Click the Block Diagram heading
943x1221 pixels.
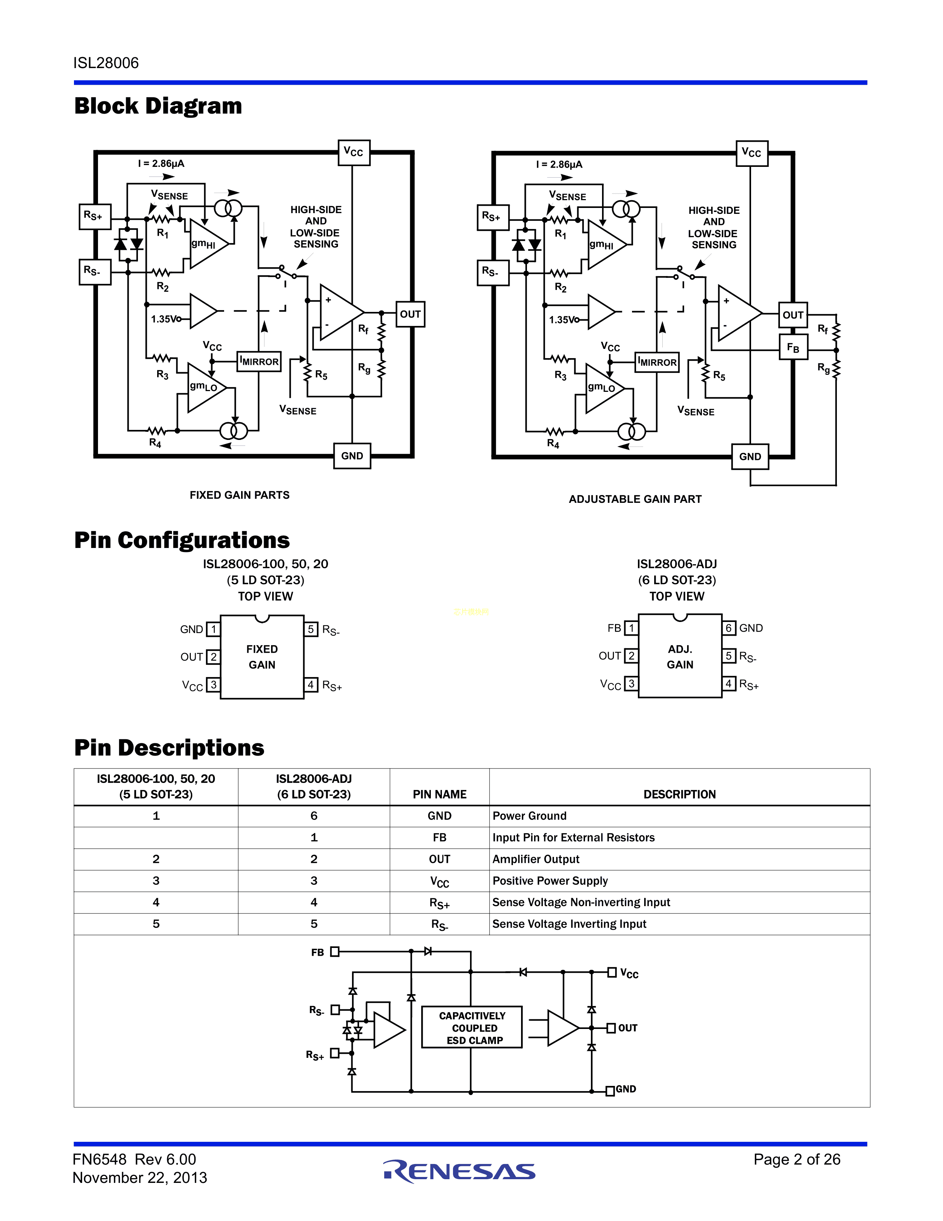pyautogui.click(x=158, y=106)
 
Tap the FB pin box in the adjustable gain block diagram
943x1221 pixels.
pyautogui.click(x=793, y=348)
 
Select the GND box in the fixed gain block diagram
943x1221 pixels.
pyautogui.click(x=352, y=455)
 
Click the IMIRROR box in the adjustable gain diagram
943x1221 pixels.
pyautogui.click(x=657, y=362)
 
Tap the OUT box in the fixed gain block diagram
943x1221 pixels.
pyautogui.click(x=410, y=314)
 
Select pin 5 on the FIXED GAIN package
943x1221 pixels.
pyautogui.click(x=311, y=629)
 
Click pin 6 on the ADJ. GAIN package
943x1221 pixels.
pyautogui.click(x=729, y=628)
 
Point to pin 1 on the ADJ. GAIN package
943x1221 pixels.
pyautogui.click(x=631, y=628)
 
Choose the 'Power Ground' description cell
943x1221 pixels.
pyautogui.click(x=530, y=816)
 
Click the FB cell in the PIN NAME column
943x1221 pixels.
pyautogui.click(x=440, y=837)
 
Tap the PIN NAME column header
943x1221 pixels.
pyautogui.click(x=440, y=794)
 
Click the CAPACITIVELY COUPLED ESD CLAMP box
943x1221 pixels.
pyautogui.click(x=472, y=1027)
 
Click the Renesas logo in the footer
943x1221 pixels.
pyautogui.click(x=459, y=1171)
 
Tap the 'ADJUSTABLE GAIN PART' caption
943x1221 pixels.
pyautogui.click(x=635, y=499)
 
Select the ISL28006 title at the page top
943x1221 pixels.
pyautogui.click(x=106, y=63)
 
